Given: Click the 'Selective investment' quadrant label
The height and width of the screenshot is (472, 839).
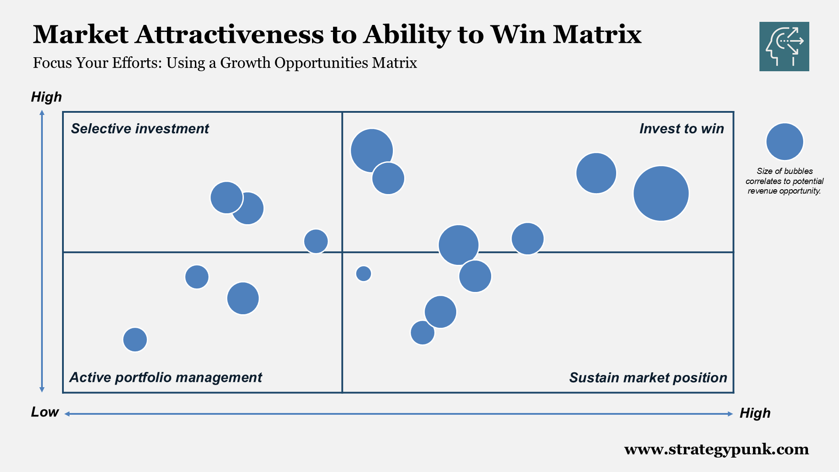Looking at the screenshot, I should pos(140,128).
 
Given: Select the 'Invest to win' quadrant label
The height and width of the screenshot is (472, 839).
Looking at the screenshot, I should pos(681,128).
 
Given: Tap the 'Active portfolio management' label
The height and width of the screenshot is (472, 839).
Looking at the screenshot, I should pos(166,377).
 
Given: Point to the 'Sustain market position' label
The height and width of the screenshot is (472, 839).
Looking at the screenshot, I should pos(648,378).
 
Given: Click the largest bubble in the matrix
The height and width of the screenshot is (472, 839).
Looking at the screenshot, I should pos(661,193).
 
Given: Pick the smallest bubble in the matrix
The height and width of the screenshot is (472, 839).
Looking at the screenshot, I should pos(364,274).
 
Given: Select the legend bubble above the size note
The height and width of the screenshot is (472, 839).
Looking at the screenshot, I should pos(784,142).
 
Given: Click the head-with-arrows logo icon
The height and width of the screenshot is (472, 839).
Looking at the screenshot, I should pos(784,46).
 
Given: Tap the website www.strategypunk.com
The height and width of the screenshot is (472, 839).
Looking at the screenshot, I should pos(716,449).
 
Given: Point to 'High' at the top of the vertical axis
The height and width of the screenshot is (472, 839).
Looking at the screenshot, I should pos(46,97).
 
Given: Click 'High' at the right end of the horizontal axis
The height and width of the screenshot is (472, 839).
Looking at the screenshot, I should pos(755,413).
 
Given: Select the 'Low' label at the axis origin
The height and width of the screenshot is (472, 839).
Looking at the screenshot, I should pos(45,412).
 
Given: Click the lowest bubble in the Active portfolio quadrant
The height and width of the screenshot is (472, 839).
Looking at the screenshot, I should pos(135,340).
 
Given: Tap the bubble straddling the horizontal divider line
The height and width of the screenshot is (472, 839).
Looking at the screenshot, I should pos(458,245).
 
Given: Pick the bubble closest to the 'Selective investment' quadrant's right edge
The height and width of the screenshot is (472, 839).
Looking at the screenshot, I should pos(316,241).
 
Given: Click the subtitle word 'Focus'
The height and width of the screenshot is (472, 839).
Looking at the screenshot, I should pos(52,63).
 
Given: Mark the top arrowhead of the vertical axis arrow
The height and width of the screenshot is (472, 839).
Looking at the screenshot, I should pos(42,113).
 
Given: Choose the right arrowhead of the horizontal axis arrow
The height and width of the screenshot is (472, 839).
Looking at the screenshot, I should pos(730,414).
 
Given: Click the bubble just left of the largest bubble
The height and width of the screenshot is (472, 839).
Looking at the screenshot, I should pos(596,173).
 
